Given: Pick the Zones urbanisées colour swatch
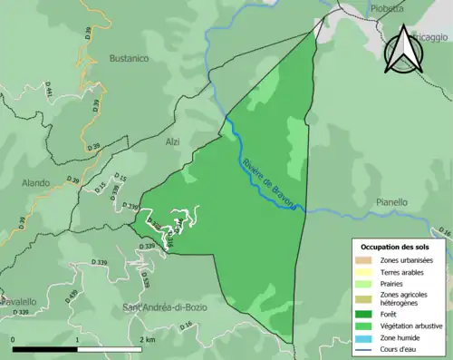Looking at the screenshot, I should (363, 259).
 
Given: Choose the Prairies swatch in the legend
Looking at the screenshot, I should (363, 283).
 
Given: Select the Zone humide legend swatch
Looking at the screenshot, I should (363, 336).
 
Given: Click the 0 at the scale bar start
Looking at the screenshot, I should (14, 340).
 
